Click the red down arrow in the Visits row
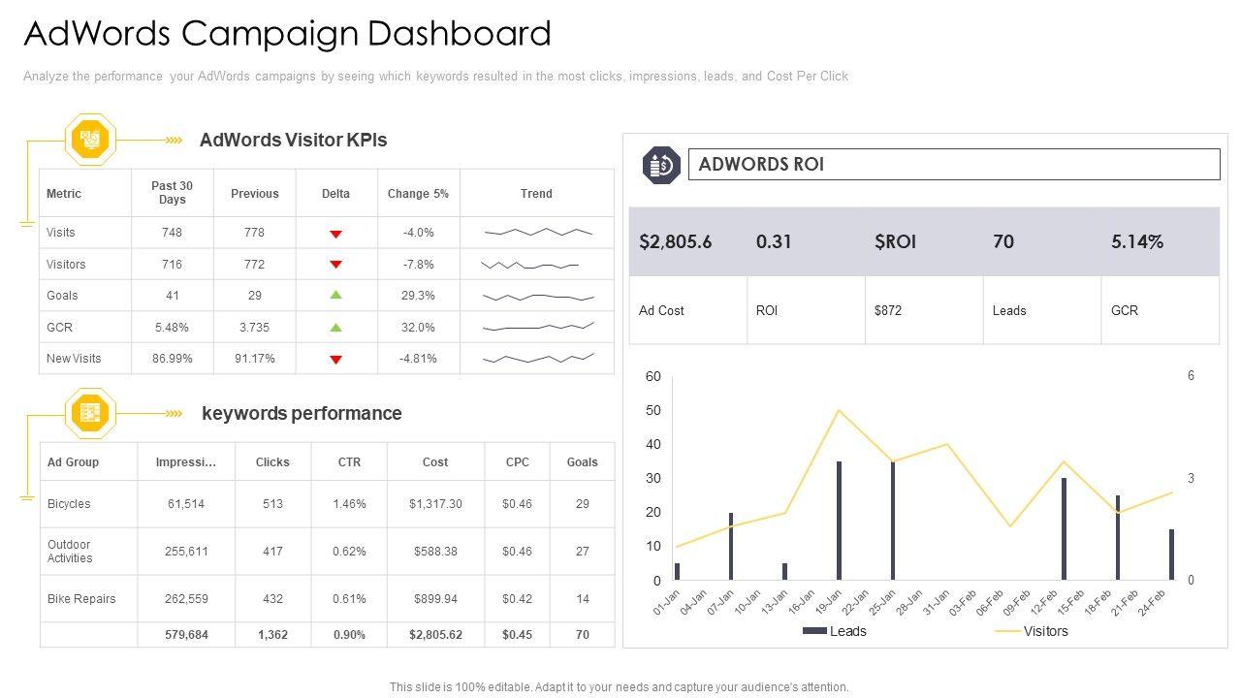point(335,234)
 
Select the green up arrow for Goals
point(335,295)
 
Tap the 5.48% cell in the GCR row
point(172,328)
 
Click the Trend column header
point(536,194)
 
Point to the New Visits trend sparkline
point(538,359)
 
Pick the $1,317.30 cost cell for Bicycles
point(435,504)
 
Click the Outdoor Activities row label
point(70,552)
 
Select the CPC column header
point(518,462)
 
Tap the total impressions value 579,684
point(186,635)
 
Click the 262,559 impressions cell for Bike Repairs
point(186,599)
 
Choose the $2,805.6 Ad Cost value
point(676,241)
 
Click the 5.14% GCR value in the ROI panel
point(1137,241)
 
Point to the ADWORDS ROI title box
point(953,164)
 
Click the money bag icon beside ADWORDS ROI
point(662,165)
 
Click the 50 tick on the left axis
point(653,410)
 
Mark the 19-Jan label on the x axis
point(827,601)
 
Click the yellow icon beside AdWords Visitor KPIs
point(90,140)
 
